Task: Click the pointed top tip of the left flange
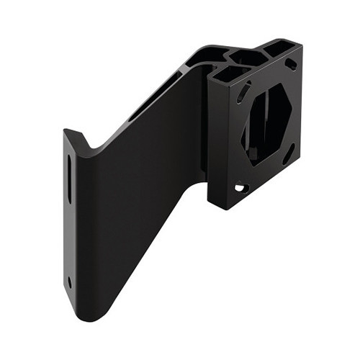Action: pyautogui.click(x=66, y=132)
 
